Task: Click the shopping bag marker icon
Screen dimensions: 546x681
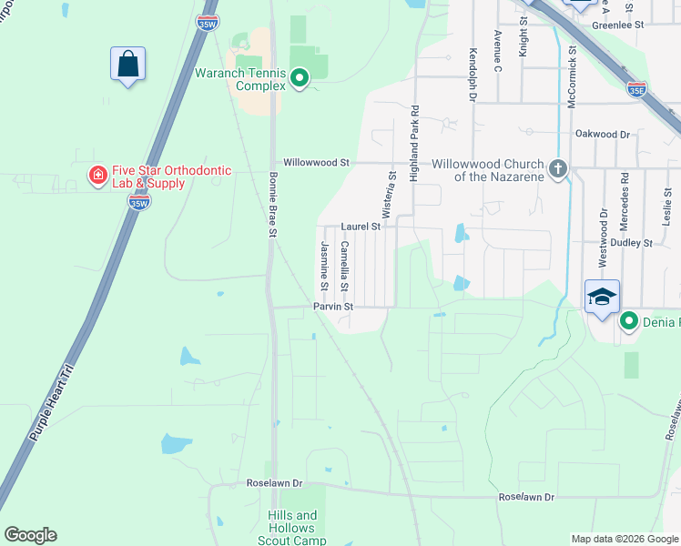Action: [x=128, y=65]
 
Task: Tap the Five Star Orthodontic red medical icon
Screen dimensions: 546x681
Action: [x=96, y=174]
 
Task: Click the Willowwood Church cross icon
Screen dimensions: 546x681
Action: [x=558, y=168]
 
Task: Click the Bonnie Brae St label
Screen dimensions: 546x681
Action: [x=272, y=204]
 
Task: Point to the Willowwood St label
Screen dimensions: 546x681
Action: [x=316, y=163]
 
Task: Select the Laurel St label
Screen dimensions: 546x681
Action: [x=360, y=226]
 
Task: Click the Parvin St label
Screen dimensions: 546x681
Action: [x=333, y=308]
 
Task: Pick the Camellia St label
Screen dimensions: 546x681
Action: [x=344, y=266]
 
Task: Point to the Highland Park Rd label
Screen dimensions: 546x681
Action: [x=414, y=144]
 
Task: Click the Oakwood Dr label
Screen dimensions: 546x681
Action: [x=603, y=135]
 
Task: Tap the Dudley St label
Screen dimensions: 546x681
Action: [x=635, y=243]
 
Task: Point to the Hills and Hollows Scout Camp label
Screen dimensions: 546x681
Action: [x=292, y=528]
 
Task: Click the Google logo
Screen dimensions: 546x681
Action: [x=30, y=535]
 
